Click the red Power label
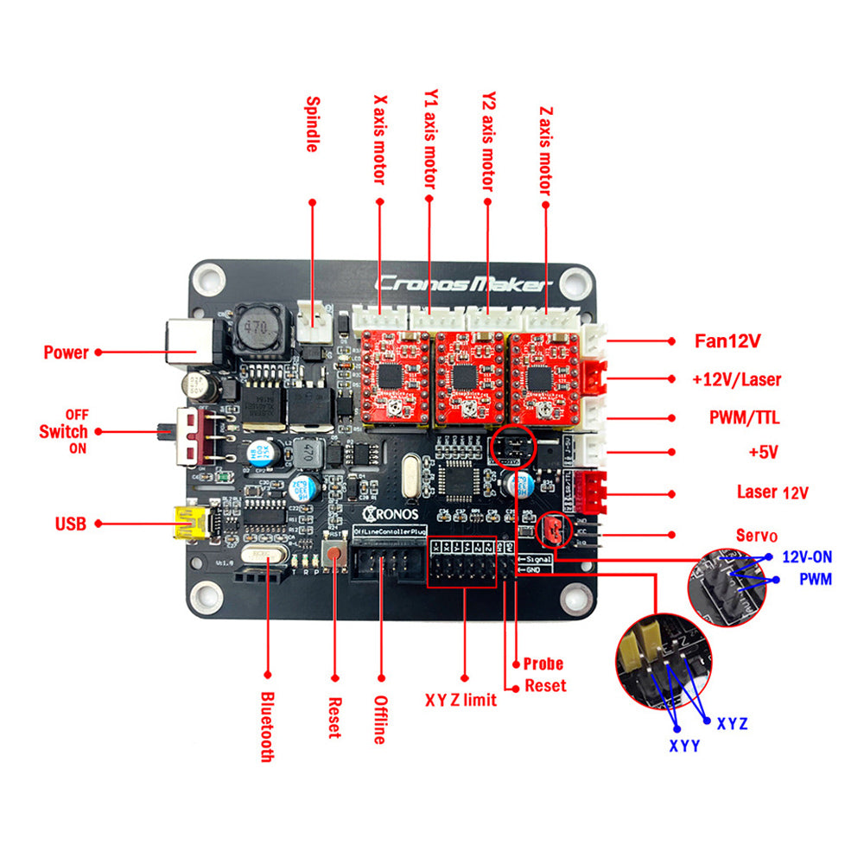point(66,353)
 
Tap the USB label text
point(72,524)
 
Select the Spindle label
point(312,124)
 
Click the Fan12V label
point(727,340)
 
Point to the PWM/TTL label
point(743,418)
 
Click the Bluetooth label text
point(267,726)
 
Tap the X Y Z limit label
point(461,700)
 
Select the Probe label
point(543,664)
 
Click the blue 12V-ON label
point(807,557)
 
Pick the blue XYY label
point(683,745)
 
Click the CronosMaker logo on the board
point(462,283)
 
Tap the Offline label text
point(379,720)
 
